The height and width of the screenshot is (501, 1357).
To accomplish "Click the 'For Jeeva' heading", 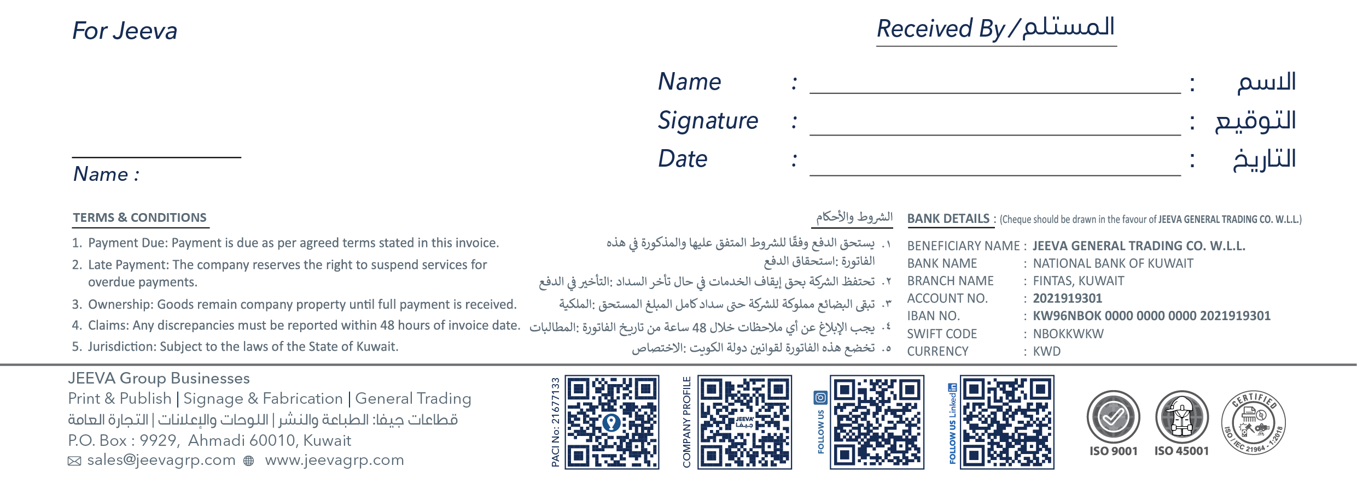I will click(125, 31).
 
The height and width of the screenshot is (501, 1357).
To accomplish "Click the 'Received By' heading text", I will click(941, 28).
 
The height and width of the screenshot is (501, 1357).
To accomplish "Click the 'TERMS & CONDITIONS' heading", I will click(140, 217).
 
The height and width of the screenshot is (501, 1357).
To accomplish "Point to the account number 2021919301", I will click(1067, 298).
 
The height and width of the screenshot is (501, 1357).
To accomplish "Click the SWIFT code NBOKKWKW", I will click(1068, 334).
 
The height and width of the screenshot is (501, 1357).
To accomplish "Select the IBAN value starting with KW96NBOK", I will click(1151, 316).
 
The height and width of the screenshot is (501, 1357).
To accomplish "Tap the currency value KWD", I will click(1046, 351).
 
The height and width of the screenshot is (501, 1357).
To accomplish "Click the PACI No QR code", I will click(611, 422).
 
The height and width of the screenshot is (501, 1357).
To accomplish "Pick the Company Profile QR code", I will click(744, 422).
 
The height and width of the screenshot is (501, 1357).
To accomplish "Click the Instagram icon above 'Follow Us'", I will click(820, 397).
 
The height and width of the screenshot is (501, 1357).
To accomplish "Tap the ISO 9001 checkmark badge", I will click(1113, 417).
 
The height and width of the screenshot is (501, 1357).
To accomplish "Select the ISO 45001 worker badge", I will click(1181, 417).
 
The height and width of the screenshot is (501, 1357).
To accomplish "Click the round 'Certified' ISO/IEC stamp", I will click(1253, 422).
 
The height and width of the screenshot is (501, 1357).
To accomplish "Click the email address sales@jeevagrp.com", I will click(161, 460).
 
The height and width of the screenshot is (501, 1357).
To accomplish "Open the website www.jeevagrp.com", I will click(334, 460).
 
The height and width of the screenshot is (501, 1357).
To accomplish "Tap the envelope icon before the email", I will click(74, 461).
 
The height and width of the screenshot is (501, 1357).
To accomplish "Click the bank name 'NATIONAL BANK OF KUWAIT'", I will click(1113, 263).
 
